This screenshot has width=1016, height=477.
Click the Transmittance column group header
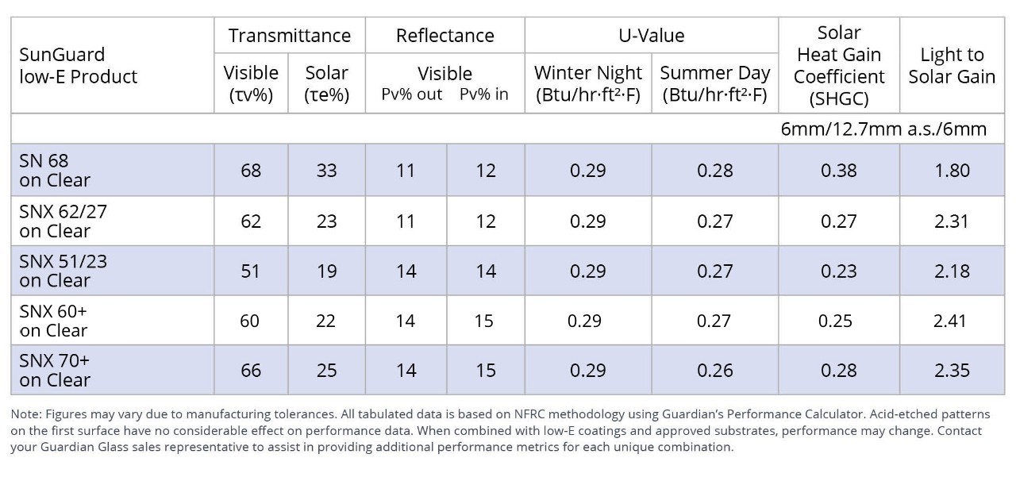pyautogui.click(x=289, y=36)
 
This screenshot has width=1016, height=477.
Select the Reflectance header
pyautogui.click(x=444, y=36)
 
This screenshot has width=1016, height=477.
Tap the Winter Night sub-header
pyautogui.click(x=587, y=83)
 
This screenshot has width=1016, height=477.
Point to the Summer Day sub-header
pyautogui.click(x=714, y=83)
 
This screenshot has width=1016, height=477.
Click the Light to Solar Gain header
pyautogui.click(x=952, y=65)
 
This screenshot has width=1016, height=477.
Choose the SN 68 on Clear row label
pyautogui.click(x=55, y=171)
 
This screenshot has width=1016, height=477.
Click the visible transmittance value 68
pyautogui.click(x=251, y=171)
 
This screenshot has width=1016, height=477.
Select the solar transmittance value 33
pyautogui.click(x=326, y=171)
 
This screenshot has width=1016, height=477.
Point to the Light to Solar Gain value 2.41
pyautogui.click(x=952, y=321)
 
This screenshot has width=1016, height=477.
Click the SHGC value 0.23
pyautogui.click(x=838, y=271)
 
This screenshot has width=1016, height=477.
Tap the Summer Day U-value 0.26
pyautogui.click(x=714, y=371)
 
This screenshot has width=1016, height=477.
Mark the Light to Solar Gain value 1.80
pyautogui.click(x=952, y=171)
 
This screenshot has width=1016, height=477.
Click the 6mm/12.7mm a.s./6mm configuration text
pyautogui.click(x=883, y=129)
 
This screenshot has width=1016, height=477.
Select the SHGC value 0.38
pyautogui.click(x=838, y=171)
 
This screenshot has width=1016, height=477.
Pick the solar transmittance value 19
pyautogui.click(x=326, y=271)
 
